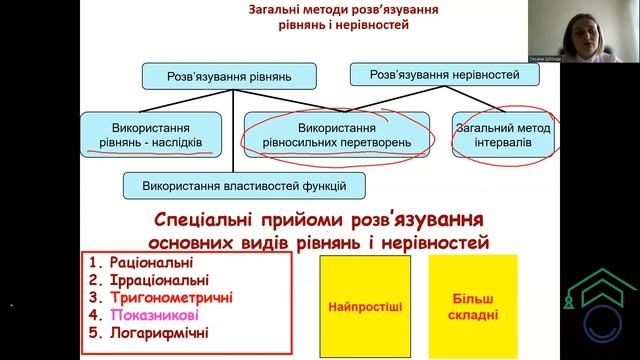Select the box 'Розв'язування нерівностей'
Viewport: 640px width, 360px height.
[445, 75]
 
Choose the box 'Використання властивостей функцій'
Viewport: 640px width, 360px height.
[244, 185]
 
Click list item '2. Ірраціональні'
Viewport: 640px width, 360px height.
[153, 280]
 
